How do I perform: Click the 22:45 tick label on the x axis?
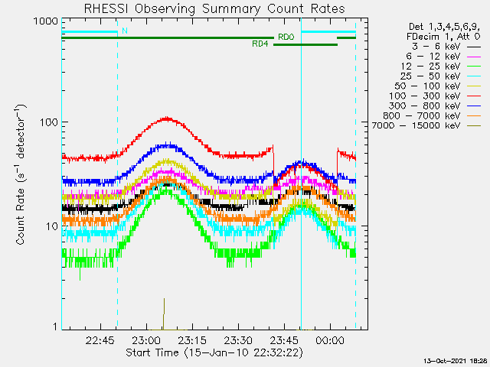(x=101, y=340)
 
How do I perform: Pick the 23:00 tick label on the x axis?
(x=146, y=340)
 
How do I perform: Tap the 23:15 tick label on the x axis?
(x=192, y=340)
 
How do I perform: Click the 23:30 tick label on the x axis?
(x=238, y=340)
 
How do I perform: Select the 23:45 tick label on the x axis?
(x=284, y=340)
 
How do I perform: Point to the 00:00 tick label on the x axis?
(x=330, y=340)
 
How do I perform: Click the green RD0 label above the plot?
(x=286, y=37)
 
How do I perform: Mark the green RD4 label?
(x=260, y=44)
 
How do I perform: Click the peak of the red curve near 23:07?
(x=167, y=118)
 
